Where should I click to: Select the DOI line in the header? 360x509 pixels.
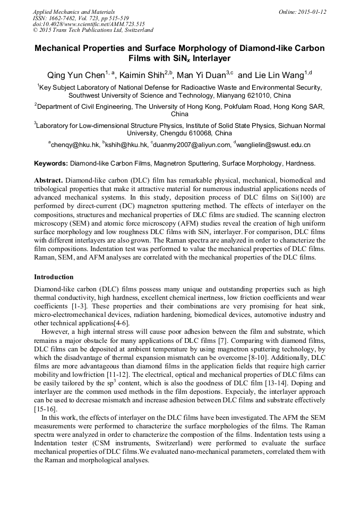89,24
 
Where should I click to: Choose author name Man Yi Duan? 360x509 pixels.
202,75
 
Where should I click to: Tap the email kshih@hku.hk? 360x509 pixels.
126,144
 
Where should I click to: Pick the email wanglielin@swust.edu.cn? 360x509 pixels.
276,144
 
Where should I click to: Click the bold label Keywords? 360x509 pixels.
51,163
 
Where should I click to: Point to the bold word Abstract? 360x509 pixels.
48,180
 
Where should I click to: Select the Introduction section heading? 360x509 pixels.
54,277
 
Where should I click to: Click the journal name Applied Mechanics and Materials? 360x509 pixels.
74,12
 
